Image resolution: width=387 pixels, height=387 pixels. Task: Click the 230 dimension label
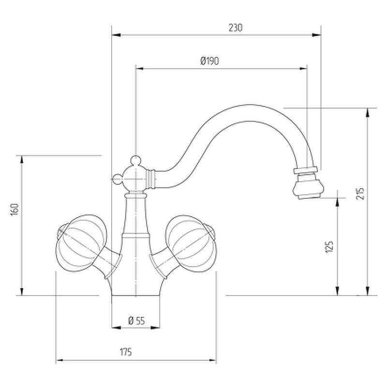point(236,28)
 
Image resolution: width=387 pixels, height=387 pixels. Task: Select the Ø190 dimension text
point(209,61)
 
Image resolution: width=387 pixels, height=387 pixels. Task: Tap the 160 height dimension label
point(15,209)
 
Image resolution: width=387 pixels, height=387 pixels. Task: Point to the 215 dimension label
point(360,194)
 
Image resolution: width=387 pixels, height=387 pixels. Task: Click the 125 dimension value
point(329,247)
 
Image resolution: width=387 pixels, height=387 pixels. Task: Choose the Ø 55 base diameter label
point(136,321)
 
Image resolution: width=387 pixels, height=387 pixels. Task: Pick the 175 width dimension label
point(126,352)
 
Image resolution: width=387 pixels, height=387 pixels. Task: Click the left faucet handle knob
point(81,243)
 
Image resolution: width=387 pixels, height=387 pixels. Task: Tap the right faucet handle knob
point(191,244)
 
